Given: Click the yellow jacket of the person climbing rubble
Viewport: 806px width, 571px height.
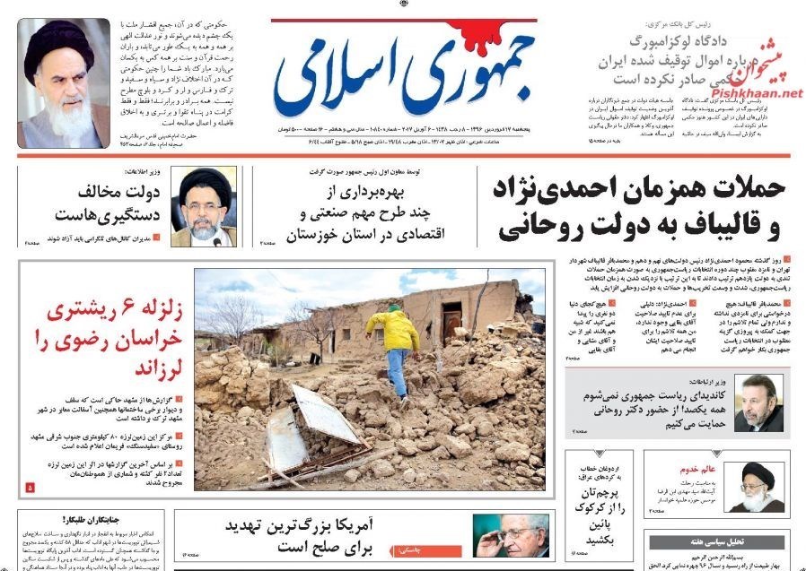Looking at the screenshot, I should (x=391, y=329).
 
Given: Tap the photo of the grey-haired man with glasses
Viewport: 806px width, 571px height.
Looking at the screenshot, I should (x=512, y=535).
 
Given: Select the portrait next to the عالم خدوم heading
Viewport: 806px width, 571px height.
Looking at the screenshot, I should (x=751, y=488).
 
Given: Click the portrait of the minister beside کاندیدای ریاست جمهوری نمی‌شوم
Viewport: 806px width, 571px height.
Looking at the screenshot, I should (x=758, y=402).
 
